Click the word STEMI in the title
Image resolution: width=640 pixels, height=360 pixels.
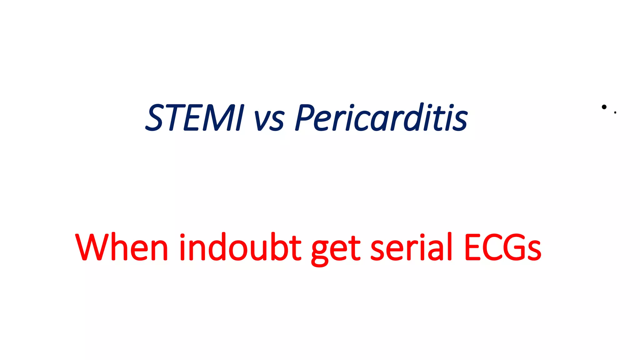(x=194, y=118)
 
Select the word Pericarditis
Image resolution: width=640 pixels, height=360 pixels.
(x=381, y=118)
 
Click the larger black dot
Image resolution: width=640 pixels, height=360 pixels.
(x=604, y=107)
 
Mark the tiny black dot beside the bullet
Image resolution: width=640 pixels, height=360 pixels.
(x=615, y=112)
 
